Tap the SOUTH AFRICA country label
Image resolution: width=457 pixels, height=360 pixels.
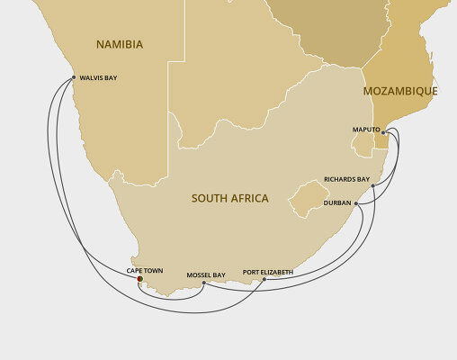pos(229,198)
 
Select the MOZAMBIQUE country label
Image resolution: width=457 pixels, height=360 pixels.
pos(400,92)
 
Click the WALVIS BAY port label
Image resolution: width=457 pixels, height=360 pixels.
pos(99,77)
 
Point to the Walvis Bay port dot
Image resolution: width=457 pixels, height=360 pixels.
pos(74,77)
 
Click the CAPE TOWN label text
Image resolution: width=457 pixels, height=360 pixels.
pos(143,269)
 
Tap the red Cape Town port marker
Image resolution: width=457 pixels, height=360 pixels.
pos(139,280)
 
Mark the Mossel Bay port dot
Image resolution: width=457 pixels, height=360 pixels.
pos(204,283)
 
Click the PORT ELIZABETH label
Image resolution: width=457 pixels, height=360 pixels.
pos(267,271)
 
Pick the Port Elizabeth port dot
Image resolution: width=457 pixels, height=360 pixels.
pos(263,281)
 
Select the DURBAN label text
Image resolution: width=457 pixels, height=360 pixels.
pos(338,204)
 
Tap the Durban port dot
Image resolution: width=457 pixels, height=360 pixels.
pos(358,204)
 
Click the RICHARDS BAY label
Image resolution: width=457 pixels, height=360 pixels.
pos(347,179)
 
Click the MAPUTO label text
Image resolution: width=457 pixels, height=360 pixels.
pos(365,130)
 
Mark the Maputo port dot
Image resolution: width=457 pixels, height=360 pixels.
pos(381,130)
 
